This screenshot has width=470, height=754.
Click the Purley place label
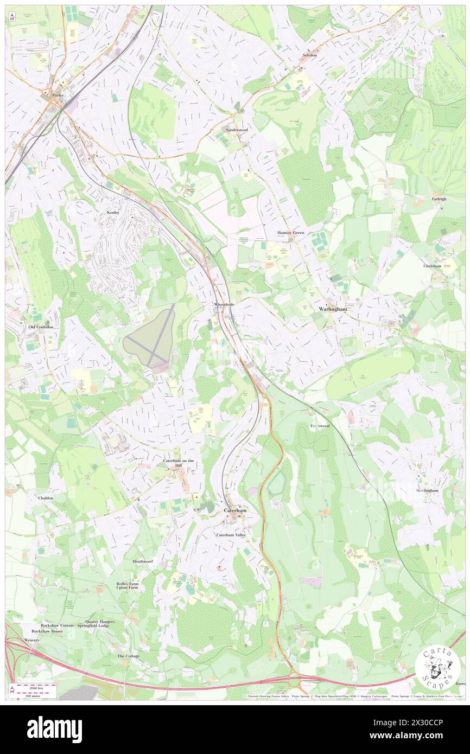pos(58,95)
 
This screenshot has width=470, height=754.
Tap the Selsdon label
pos(310,55)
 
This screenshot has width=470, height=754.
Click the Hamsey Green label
pos(291,233)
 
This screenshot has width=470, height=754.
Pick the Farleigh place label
pos(439,199)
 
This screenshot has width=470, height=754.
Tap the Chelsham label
pos(433,266)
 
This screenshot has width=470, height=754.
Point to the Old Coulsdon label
pos(41,327)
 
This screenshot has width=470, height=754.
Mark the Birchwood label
pos(320,426)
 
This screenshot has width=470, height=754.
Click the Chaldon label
pos(46,497)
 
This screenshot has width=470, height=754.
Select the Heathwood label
pos(143,561)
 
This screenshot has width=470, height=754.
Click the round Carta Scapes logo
pos(437,667)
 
